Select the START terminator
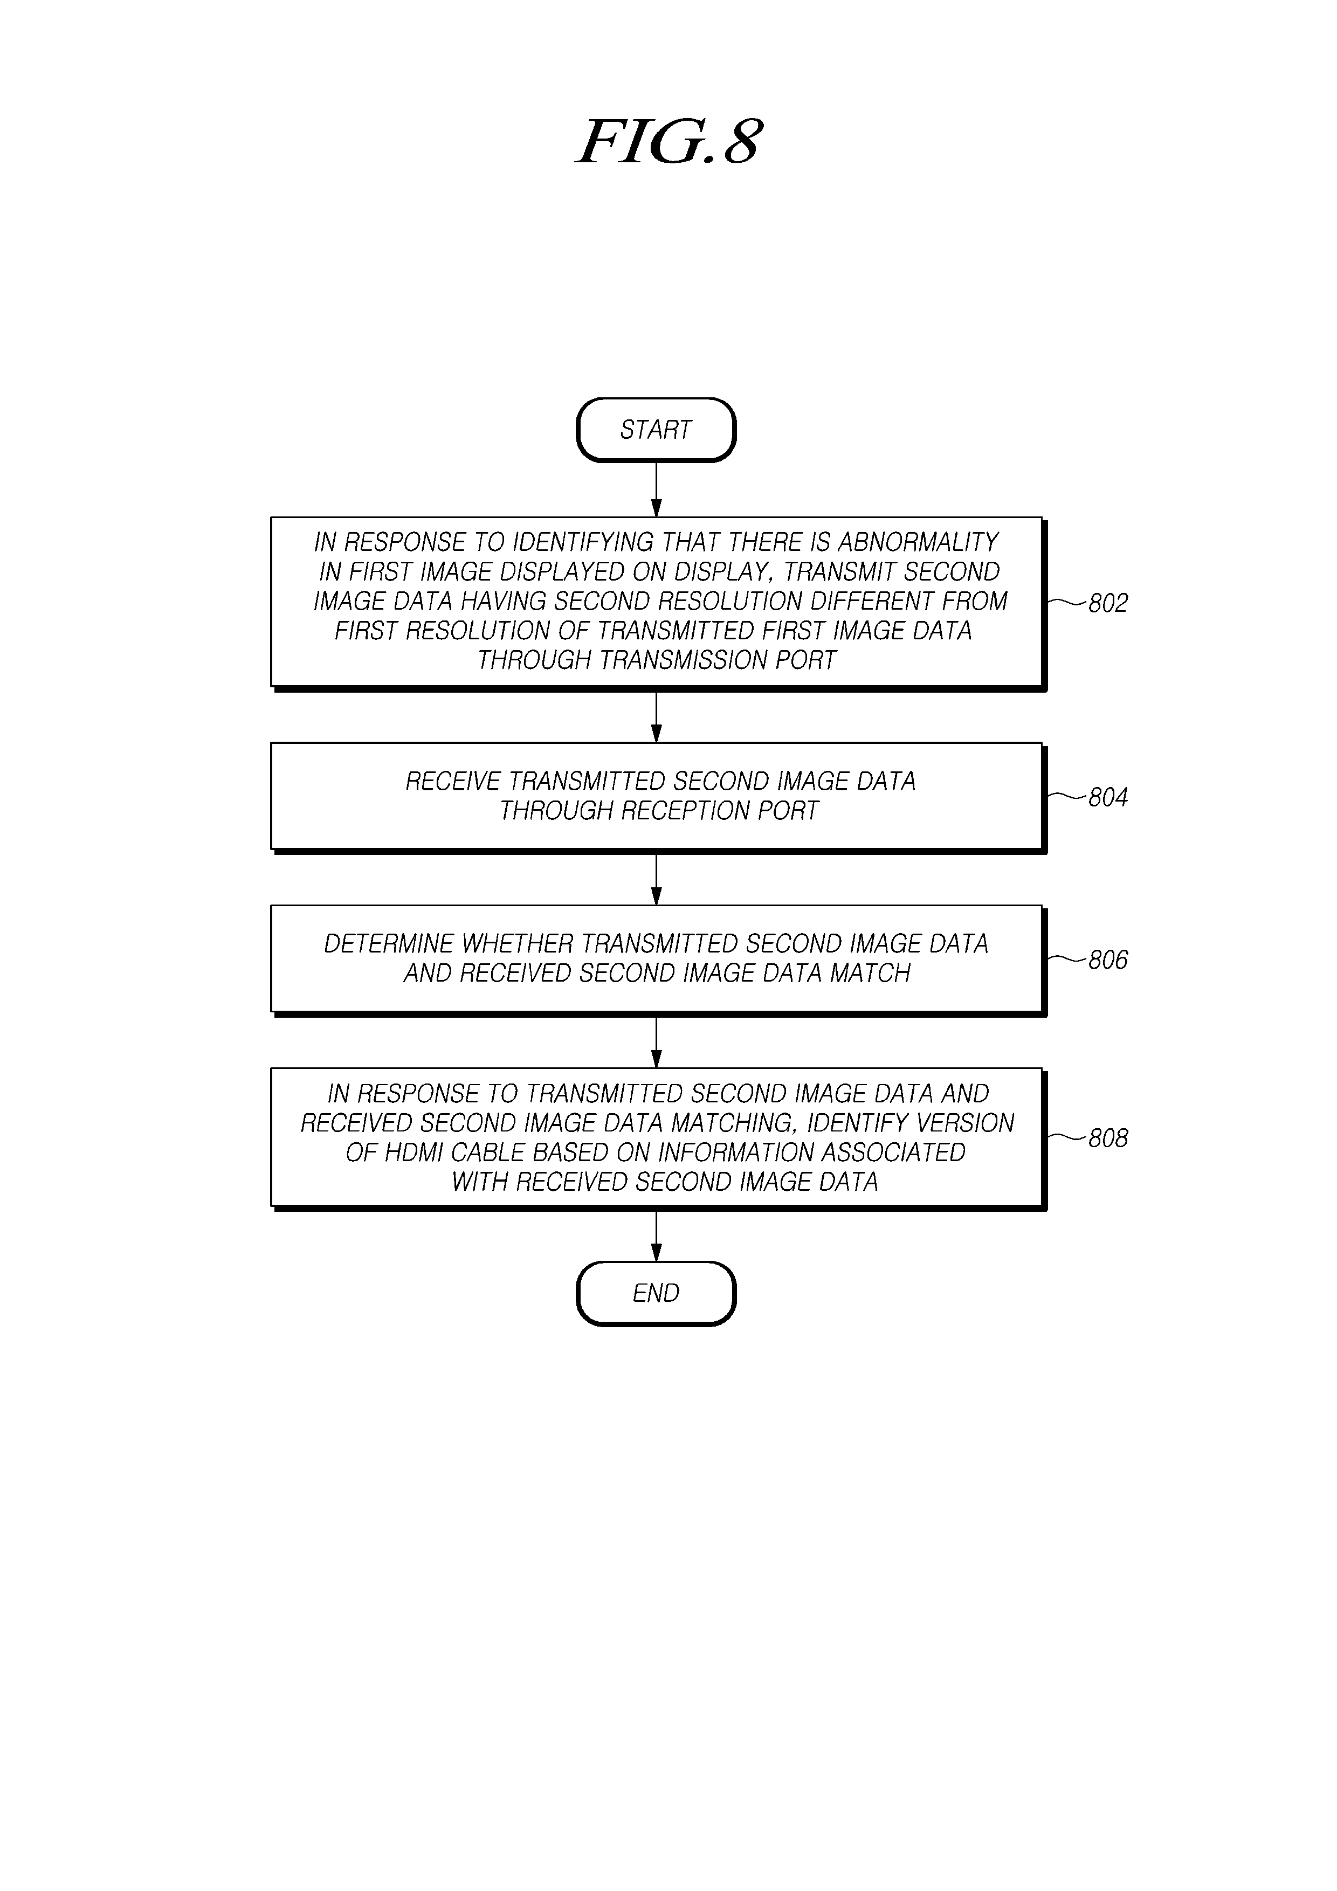[656, 430]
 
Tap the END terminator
[656, 1293]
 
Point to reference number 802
[1108, 604]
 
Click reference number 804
[1108, 797]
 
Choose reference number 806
[1108, 960]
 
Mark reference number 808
[1108, 1138]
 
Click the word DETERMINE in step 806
[389, 944]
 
